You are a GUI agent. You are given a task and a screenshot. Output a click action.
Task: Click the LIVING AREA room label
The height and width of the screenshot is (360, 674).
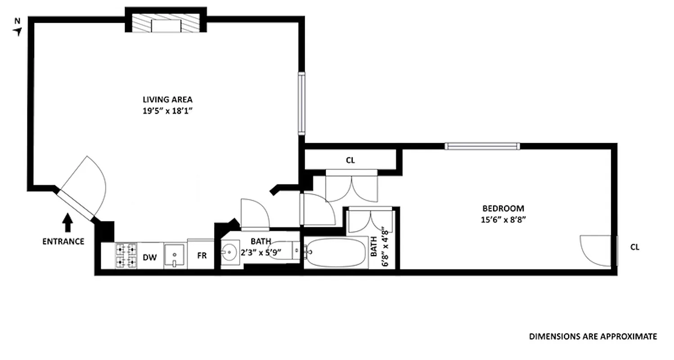167,100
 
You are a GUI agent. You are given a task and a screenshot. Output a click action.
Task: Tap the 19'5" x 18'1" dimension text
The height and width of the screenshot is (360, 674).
167,112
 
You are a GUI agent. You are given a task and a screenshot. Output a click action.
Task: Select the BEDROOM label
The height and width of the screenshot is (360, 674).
503,208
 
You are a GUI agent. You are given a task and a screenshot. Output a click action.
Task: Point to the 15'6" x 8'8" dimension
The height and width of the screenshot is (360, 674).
503,220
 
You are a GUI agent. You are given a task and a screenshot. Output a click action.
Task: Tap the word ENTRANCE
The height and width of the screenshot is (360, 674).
63,242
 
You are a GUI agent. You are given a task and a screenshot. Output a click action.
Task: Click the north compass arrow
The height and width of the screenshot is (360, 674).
18,31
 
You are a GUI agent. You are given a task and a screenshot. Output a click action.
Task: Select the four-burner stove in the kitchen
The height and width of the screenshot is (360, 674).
126,256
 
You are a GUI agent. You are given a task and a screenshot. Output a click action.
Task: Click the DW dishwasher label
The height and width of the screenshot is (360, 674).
149,257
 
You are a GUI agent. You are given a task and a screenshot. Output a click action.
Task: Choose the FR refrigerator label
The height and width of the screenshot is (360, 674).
202,256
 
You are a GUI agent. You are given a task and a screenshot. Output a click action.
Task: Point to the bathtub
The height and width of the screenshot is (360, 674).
335,253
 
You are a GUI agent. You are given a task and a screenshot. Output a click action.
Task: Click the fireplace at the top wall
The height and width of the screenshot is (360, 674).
166,25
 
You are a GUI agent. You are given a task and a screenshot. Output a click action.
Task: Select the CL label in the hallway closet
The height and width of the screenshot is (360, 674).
351,160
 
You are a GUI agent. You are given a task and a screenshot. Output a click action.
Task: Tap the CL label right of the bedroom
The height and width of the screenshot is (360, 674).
635,247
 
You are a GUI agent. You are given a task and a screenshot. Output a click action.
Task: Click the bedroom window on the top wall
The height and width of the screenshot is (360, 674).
482,146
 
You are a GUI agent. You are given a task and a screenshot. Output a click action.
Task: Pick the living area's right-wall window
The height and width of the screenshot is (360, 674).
302,103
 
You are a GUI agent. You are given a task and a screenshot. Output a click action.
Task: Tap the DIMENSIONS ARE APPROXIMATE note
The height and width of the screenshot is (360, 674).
593,336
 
